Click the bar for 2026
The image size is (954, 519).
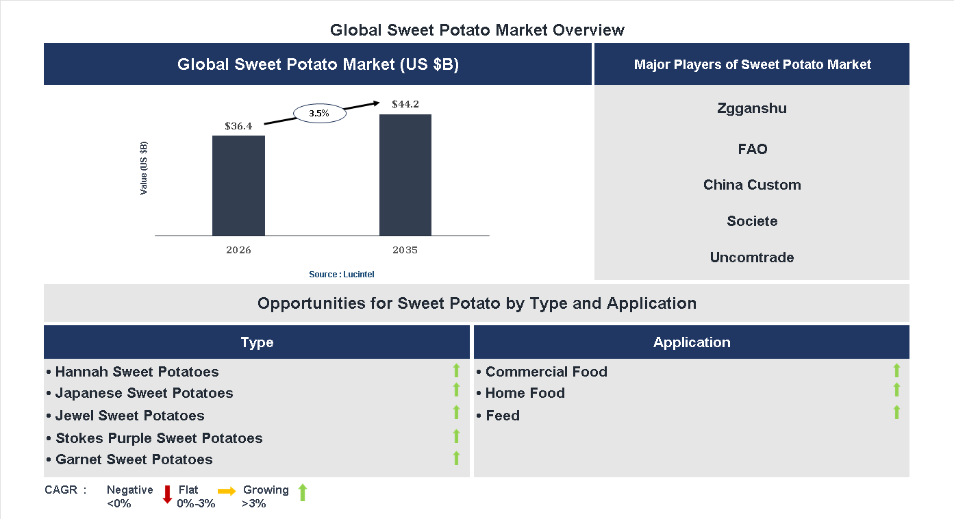coord(238,186)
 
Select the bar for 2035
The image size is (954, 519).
coord(405,175)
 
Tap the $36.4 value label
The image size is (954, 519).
coord(238,126)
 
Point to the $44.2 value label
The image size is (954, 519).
coord(405,105)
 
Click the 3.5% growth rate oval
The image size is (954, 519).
coord(319,114)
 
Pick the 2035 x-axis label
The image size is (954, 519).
coord(405,250)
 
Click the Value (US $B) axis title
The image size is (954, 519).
coord(144,168)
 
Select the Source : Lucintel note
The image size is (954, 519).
coord(342,275)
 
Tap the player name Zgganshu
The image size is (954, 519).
coord(752,108)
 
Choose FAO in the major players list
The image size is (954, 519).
coord(752,149)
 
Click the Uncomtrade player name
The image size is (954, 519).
coord(752,257)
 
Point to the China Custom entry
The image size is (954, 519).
coord(752,185)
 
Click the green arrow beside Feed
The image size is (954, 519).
coord(896,412)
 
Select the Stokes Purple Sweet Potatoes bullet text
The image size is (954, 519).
coord(159,438)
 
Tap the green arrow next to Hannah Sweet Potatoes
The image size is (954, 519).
coord(456,370)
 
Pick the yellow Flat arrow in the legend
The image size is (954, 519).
coord(227,491)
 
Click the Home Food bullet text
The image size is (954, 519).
coord(525,393)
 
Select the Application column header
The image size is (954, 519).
coord(692,342)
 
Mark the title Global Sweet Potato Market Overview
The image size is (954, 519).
coord(477,30)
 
